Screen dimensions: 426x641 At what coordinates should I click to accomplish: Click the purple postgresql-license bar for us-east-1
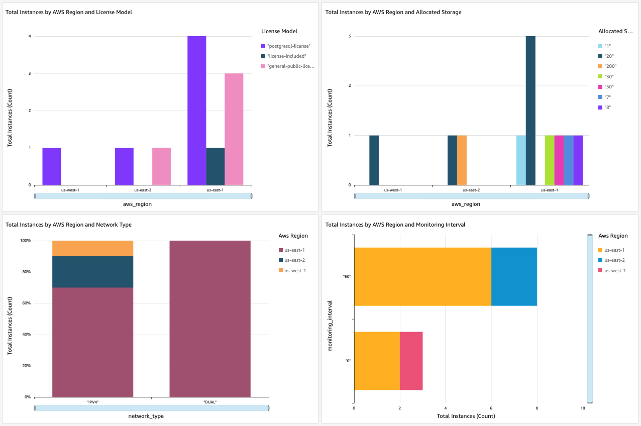coord(196,111)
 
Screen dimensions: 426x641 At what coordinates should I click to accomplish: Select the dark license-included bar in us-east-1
coord(215,166)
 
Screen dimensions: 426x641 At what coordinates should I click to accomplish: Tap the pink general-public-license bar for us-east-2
coord(161,166)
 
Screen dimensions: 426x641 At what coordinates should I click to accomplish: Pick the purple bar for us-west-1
coord(52,166)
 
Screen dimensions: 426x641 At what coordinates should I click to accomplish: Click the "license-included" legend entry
coord(287,56)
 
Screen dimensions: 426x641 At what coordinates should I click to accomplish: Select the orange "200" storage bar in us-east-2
coord(462,160)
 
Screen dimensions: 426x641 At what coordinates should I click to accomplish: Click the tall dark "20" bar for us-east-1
coord(530,111)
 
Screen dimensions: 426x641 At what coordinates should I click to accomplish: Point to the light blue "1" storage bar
coord(521,160)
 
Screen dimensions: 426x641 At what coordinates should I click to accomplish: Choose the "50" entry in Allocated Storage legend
coord(607,87)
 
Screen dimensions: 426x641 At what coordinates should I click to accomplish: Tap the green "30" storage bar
coord(550,160)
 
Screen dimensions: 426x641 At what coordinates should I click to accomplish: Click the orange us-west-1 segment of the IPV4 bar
coord(92,248)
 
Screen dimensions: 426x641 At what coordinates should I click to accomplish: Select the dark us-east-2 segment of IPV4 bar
coord(92,272)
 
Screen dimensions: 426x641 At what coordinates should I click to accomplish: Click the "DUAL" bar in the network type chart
coord(210,318)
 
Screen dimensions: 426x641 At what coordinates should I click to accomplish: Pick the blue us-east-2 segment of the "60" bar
coord(514,277)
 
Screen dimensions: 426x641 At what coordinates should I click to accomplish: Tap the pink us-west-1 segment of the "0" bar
coord(411,361)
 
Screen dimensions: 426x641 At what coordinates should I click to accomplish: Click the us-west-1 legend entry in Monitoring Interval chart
coord(615,271)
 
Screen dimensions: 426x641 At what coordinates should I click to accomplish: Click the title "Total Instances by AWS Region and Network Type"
coord(68,225)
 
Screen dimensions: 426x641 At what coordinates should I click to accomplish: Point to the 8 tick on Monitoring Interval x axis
coord(537,408)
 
